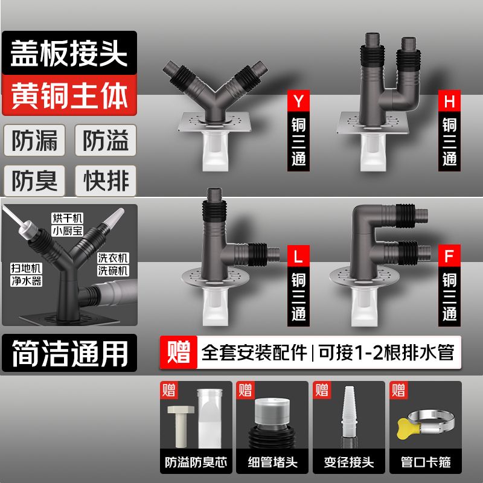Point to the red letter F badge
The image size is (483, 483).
click(449, 255)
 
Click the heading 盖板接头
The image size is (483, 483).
click(69, 54)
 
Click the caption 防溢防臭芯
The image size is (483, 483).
click(196, 463)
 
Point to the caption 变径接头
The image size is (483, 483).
click(348, 463)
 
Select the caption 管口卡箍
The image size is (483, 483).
click(424, 463)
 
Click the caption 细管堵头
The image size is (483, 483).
click(272, 463)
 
